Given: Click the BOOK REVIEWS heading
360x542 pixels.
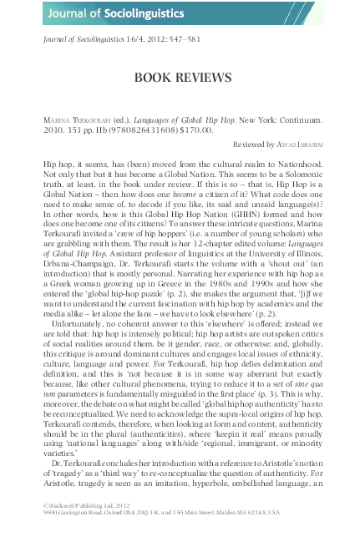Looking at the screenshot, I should pyautogui.click(x=182, y=78).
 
